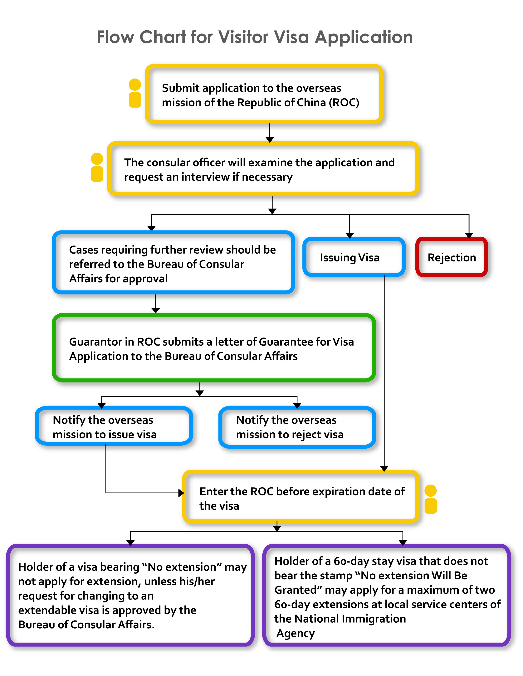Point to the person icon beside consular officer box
(x=97, y=167)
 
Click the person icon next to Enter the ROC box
(x=430, y=499)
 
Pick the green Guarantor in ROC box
(x=214, y=348)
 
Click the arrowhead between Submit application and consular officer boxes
(x=270, y=140)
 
